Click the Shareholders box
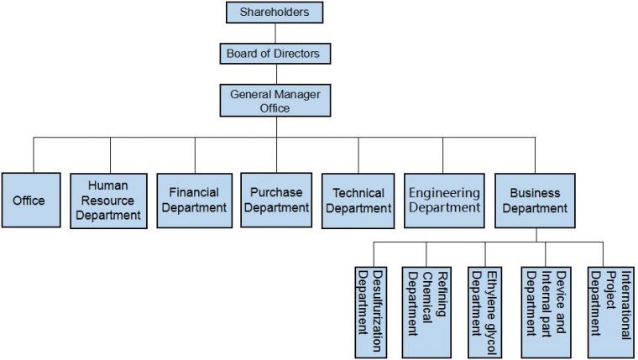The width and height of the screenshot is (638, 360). [274, 13]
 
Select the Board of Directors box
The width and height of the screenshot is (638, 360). [273, 54]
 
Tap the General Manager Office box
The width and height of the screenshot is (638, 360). [274, 101]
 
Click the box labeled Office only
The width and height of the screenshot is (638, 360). [30, 200]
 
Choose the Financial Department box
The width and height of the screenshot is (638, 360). [193, 200]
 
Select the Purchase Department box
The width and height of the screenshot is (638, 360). [275, 200]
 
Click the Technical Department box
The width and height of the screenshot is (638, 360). [358, 200]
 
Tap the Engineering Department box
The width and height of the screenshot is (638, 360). [443, 200]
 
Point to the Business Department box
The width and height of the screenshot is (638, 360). [535, 200]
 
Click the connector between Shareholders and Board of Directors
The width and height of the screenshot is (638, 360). [274, 33]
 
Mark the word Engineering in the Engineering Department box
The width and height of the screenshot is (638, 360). [444, 193]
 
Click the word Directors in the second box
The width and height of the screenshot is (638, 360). [295, 54]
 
